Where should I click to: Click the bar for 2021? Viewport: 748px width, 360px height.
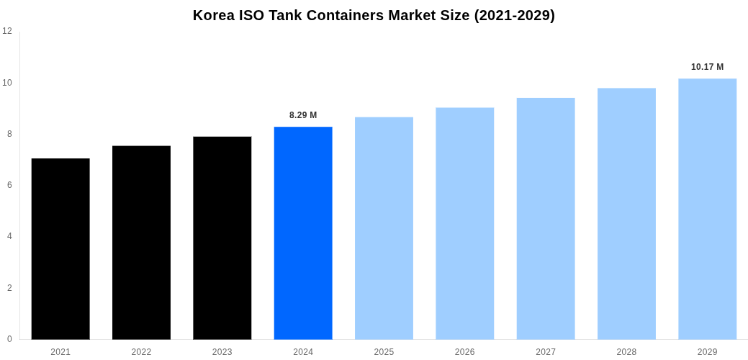click(60, 248)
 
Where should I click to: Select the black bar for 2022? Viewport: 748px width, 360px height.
click(141, 243)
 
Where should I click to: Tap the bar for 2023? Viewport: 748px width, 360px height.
click(222, 238)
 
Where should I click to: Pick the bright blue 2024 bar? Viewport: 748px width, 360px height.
click(303, 233)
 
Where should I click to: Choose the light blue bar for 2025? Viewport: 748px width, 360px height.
click(384, 228)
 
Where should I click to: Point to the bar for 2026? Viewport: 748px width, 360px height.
click(464, 223)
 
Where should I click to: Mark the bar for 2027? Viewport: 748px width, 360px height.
click(546, 218)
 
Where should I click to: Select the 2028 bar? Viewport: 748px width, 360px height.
click(626, 213)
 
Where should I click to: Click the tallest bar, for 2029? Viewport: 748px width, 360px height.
click(707, 209)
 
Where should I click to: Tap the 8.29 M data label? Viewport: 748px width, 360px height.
click(303, 115)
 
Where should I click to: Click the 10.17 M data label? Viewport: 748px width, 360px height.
click(707, 67)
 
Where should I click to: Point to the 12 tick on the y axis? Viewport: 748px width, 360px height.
click(7, 31)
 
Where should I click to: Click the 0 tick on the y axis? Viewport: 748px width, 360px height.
click(9, 339)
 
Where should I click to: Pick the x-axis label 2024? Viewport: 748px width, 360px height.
click(303, 352)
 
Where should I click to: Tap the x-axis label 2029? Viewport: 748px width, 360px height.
click(707, 352)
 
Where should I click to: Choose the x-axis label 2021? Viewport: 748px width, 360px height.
click(60, 352)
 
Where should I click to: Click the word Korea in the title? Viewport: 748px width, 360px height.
click(214, 15)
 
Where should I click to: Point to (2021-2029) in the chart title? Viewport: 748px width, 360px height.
click(514, 15)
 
